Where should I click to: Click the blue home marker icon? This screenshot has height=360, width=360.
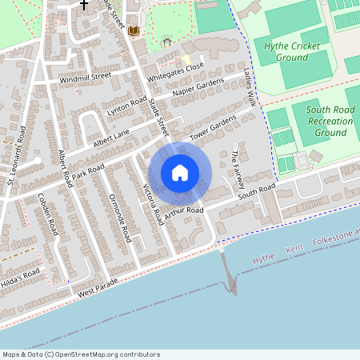click(180, 173)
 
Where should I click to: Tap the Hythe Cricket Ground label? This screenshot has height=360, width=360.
click(292, 52)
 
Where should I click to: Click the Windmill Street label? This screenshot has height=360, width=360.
click(84, 78)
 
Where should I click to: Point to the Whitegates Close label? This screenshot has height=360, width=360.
click(176, 70)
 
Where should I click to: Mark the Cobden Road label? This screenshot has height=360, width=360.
click(49, 215)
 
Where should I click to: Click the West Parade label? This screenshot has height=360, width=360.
click(98, 285)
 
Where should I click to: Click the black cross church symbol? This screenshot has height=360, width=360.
click(84, 4)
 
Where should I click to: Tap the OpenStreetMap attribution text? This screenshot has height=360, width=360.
click(81, 354)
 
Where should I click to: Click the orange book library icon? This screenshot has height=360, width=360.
click(133, 30)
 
